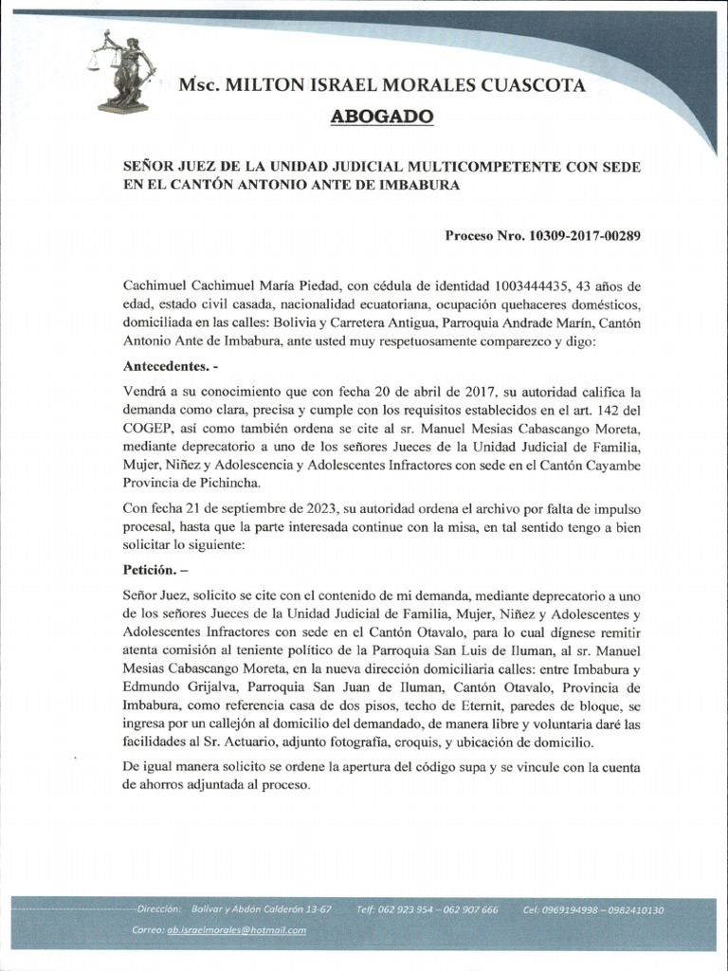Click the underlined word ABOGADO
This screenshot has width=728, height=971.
coord(382,117)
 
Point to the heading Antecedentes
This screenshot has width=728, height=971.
coord(164,365)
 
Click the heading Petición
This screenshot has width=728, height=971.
coord(151,573)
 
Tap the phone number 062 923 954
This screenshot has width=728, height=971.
coord(406,910)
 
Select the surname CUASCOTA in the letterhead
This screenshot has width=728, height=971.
coord(534,86)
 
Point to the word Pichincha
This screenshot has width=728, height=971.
coord(227,483)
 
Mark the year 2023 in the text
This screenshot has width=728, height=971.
coord(305,509)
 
